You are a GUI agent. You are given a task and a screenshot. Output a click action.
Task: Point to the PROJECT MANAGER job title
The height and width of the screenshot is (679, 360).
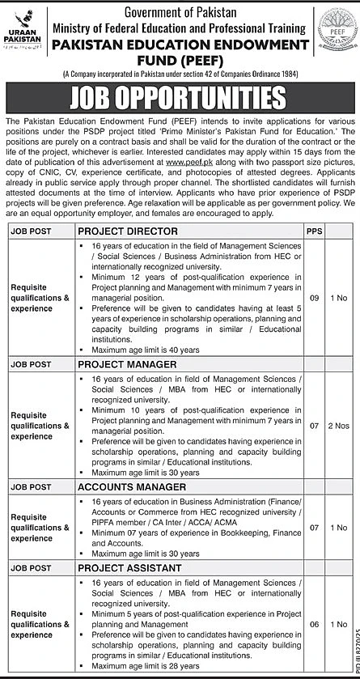(x=128, y=365)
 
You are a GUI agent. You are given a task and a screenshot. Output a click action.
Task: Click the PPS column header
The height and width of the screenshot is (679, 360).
(x=313, y=231)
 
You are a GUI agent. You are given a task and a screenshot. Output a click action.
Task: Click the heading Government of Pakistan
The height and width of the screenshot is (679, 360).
(x=180, y=11)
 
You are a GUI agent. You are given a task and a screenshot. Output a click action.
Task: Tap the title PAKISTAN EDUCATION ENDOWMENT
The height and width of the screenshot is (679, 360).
(x=180, y=46)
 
